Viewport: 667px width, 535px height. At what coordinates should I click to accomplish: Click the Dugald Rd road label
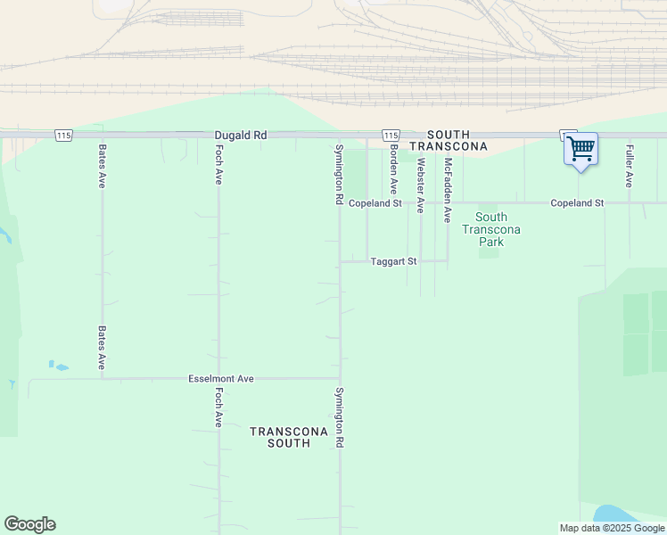pos(241,135)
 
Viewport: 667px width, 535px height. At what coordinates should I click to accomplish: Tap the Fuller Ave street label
pos(630,166)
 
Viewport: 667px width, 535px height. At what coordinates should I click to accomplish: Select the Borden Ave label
pos(392,169)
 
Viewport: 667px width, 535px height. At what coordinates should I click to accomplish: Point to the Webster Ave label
pos(420,185)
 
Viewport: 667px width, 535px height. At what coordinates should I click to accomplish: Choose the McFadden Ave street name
pos(448,190)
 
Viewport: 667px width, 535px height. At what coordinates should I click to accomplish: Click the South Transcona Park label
pos(490,229)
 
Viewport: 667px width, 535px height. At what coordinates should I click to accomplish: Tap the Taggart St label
pos(393,261)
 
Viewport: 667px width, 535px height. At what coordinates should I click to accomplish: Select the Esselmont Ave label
pos(221,379)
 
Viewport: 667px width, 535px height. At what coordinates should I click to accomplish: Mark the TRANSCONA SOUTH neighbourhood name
pos(280,437)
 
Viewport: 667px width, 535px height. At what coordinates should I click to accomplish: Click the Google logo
pos(29,524)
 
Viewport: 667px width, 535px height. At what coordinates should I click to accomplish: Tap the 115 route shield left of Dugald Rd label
pos(62,135)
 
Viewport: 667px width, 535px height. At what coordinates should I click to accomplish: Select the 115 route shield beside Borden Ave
pos(391,134)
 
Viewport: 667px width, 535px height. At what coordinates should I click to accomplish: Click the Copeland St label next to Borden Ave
pos(375,203)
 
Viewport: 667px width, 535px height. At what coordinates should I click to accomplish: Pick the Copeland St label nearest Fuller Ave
pos(577,203)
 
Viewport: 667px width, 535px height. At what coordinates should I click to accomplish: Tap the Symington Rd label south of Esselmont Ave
pos(339,417)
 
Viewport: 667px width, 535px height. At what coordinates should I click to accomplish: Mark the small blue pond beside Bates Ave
pos(59,366)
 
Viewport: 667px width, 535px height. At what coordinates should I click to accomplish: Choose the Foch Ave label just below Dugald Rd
pos(218,165)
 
